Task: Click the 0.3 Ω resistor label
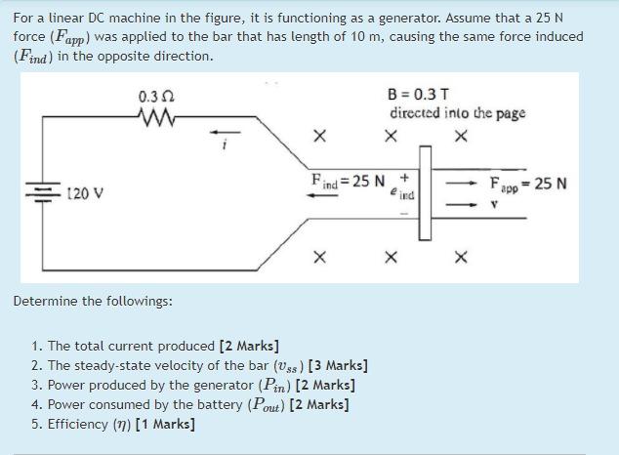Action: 156,98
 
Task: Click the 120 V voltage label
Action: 87,193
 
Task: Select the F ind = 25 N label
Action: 347,181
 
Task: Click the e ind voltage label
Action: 401,195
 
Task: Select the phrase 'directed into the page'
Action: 457,113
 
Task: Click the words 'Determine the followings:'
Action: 93,301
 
